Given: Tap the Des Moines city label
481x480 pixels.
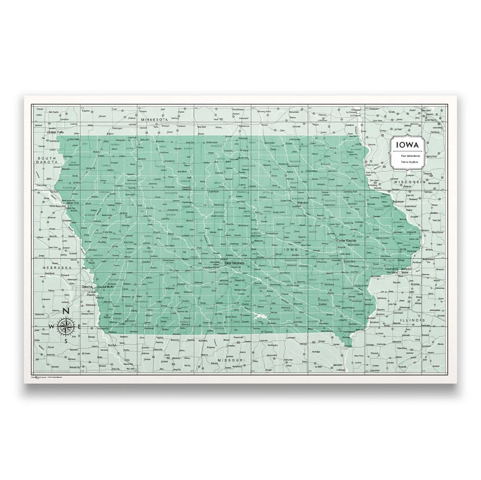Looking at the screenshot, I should tap(234, 263).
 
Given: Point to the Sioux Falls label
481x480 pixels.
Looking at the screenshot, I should tap(57, 132).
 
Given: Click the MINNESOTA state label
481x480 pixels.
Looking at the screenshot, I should tap(154, 120).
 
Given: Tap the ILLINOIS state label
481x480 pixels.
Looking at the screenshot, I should tap(412, 320).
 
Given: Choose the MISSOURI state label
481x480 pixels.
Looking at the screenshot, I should tap(231, 360).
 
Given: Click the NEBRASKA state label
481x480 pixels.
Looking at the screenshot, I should tap(57, 268).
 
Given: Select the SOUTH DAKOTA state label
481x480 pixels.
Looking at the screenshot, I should tap(47, 160).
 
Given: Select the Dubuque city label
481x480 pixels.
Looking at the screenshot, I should tap(397, 201).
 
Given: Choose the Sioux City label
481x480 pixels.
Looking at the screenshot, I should tap(73, 203).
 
